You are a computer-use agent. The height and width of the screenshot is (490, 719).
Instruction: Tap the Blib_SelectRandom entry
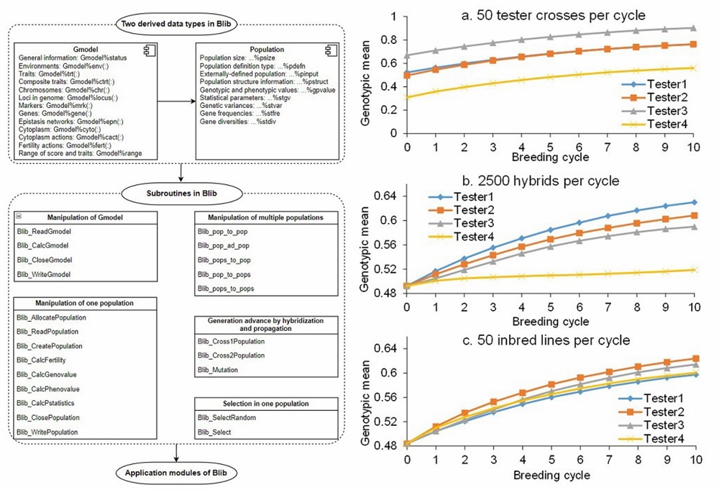pos(226,418)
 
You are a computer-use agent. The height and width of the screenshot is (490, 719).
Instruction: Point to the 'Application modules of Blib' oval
pos(177,472)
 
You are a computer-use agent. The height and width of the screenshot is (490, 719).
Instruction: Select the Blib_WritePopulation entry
pos(50,432)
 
